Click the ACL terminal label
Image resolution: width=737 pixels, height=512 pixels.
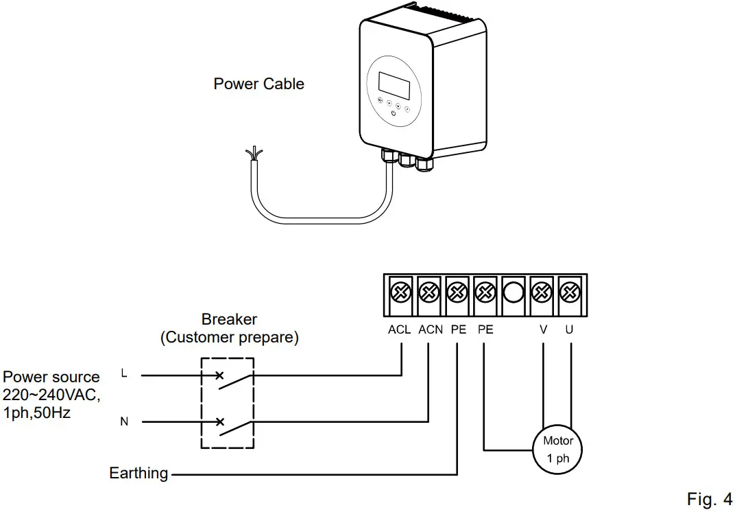click(399, 330)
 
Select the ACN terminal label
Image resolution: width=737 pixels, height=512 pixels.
click(430, 330)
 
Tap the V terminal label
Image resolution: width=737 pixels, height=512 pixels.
click(544, 330)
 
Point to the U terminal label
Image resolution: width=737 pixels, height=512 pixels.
click(569, 330)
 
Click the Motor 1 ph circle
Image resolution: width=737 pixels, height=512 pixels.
click(557, 450)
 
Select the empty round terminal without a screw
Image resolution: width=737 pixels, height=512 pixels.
click(514, 292)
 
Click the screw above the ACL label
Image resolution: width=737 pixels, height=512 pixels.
click(400, 292)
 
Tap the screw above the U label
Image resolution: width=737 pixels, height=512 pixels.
click(570, 292)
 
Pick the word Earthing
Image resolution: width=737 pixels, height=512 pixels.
click(138, 473)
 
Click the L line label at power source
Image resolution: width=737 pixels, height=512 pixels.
click(123, 373)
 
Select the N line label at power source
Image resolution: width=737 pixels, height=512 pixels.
click(124, 421)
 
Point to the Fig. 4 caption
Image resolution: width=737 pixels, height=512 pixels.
click(710, 498)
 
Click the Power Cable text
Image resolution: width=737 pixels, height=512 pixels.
click(258, 84)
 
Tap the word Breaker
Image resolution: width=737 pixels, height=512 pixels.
click(230, 319)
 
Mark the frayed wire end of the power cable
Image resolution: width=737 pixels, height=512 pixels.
click(254, 154)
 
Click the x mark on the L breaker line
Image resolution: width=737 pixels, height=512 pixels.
click(219, 375)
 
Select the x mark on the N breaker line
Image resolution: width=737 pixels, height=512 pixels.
click(219, 421)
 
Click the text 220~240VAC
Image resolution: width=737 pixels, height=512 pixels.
click(51, 395)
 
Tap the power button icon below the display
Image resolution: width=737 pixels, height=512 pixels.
click(394, 113)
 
